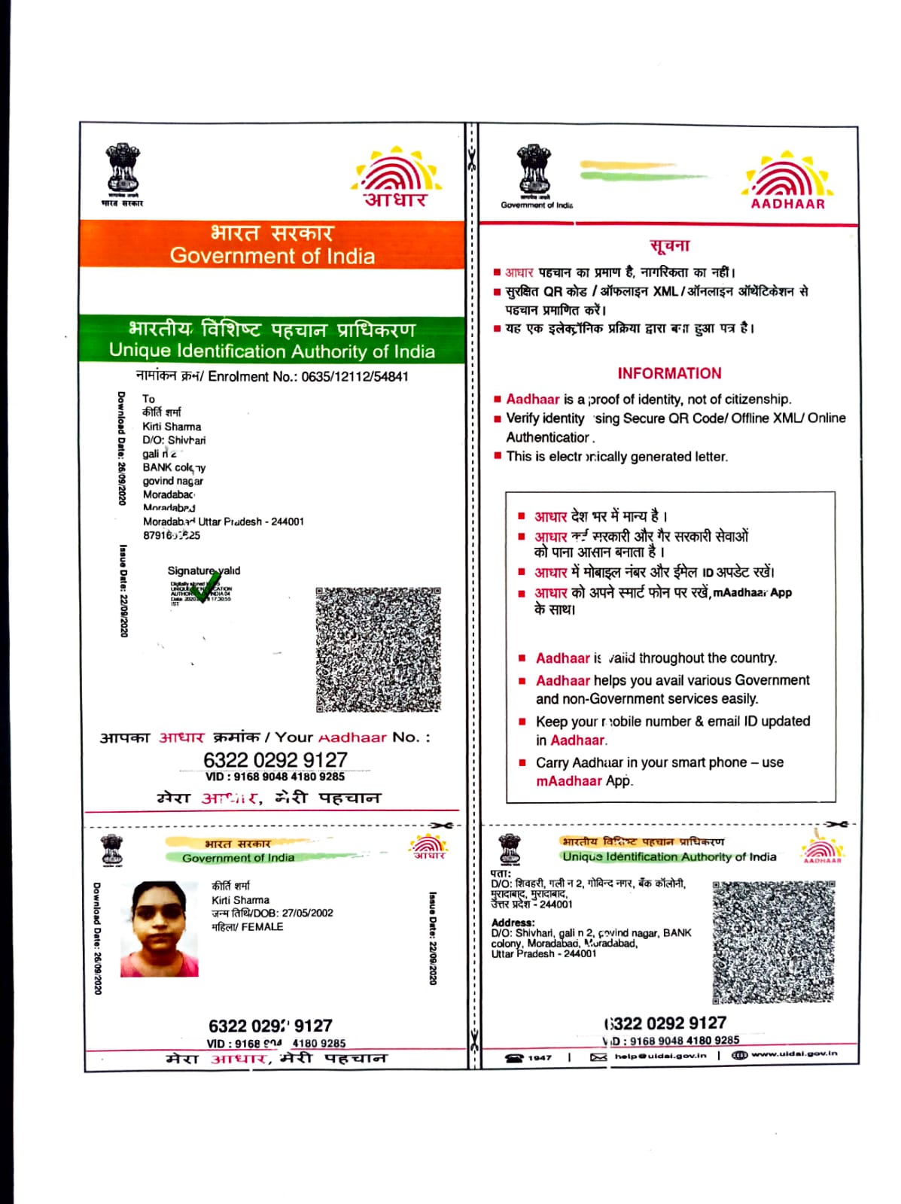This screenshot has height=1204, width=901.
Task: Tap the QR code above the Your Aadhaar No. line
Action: [378, 649]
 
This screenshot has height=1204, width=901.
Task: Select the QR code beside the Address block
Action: [773, 941]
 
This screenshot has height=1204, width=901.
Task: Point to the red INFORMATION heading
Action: [669, 373]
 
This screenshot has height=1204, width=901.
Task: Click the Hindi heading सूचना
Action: [669, 245]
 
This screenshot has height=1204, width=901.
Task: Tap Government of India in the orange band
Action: [272, 256]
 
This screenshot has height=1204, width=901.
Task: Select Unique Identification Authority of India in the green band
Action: [272, 351]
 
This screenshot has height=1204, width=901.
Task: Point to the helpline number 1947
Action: [539, 1057]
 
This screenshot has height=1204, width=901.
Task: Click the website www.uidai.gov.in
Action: [793, 1053]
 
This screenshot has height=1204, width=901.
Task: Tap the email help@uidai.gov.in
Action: [659, 1056]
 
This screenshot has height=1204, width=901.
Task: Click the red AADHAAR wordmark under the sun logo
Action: [787, 203]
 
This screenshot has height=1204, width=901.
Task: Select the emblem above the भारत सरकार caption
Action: [122, 169]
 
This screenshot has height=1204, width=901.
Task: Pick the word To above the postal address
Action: [148, 399]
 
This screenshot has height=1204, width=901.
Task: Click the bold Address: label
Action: [513, 923]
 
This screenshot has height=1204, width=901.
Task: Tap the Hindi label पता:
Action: [501, 873]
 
